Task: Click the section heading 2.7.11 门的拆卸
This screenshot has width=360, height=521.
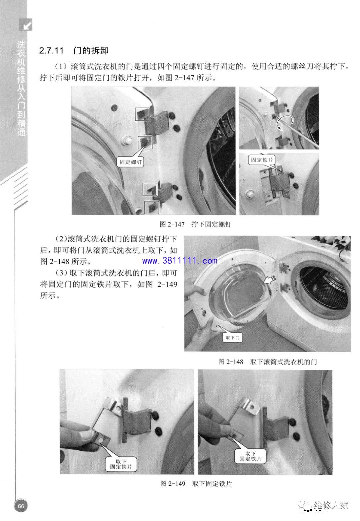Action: (x=74, y=51)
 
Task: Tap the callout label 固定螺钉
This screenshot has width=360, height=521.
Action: (x=131, y=162)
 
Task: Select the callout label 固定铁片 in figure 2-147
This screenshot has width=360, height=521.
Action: (x=262, y=160)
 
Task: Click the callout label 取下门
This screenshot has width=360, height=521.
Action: (x=233, y=337)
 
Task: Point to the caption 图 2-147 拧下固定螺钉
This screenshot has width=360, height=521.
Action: (x=195, y=224)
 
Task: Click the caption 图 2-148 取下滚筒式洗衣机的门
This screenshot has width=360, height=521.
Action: (x=267, y=361)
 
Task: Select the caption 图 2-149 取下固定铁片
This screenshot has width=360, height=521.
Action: (x=196, y=484)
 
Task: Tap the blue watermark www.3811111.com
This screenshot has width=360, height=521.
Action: (x=180, y=261)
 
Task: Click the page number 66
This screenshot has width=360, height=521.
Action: (x=21, y=506)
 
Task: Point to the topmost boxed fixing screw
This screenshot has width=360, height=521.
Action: (x=142, y=114)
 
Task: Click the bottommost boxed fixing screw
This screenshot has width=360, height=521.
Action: (x=151, y=207)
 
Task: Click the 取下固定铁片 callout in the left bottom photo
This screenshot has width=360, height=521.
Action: (x=121, y=464)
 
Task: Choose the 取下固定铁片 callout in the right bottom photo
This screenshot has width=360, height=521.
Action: (x=250, y=456)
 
